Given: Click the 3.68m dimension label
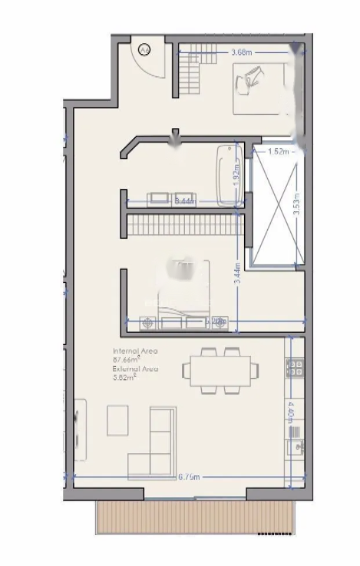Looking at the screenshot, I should tap(241, 53).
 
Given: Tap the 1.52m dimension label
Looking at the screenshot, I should tap(278, 152).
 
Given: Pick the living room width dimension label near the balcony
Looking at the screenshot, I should tap(188, 477).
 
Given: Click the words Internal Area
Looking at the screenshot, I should tap(135, 351).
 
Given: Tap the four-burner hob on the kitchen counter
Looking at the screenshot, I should tap(294, 367).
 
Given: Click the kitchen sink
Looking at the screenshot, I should tap(295, 446).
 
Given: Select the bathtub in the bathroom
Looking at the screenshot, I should tap(230, 176).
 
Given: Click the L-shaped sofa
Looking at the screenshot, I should tap(154, 446).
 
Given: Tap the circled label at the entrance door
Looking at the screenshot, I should tap(145, 50).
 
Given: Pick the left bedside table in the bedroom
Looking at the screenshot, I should tap(148, 323).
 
